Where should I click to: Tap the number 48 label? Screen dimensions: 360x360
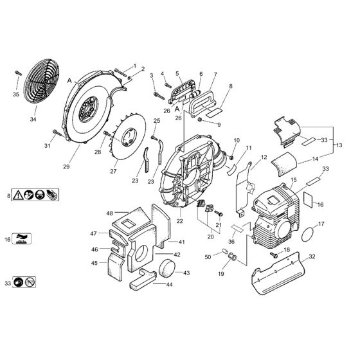point(109,213)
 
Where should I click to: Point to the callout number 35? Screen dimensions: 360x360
point(16,94)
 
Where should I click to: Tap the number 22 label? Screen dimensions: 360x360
point(180,221)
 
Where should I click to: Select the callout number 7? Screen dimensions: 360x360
point(215,75)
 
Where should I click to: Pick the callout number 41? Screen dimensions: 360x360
point(182,242)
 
